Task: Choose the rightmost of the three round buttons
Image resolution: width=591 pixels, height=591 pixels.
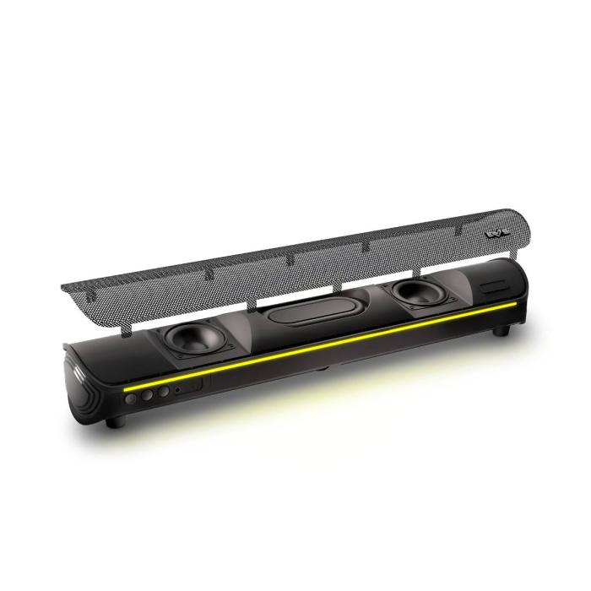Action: pyautogui.click(x=163, y=390)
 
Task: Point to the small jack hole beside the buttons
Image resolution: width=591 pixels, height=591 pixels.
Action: pyautogui.click(x=177, y=388)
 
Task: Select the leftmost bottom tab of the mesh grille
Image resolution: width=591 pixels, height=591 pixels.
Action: pyautogui.click(x=127, y=324)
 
